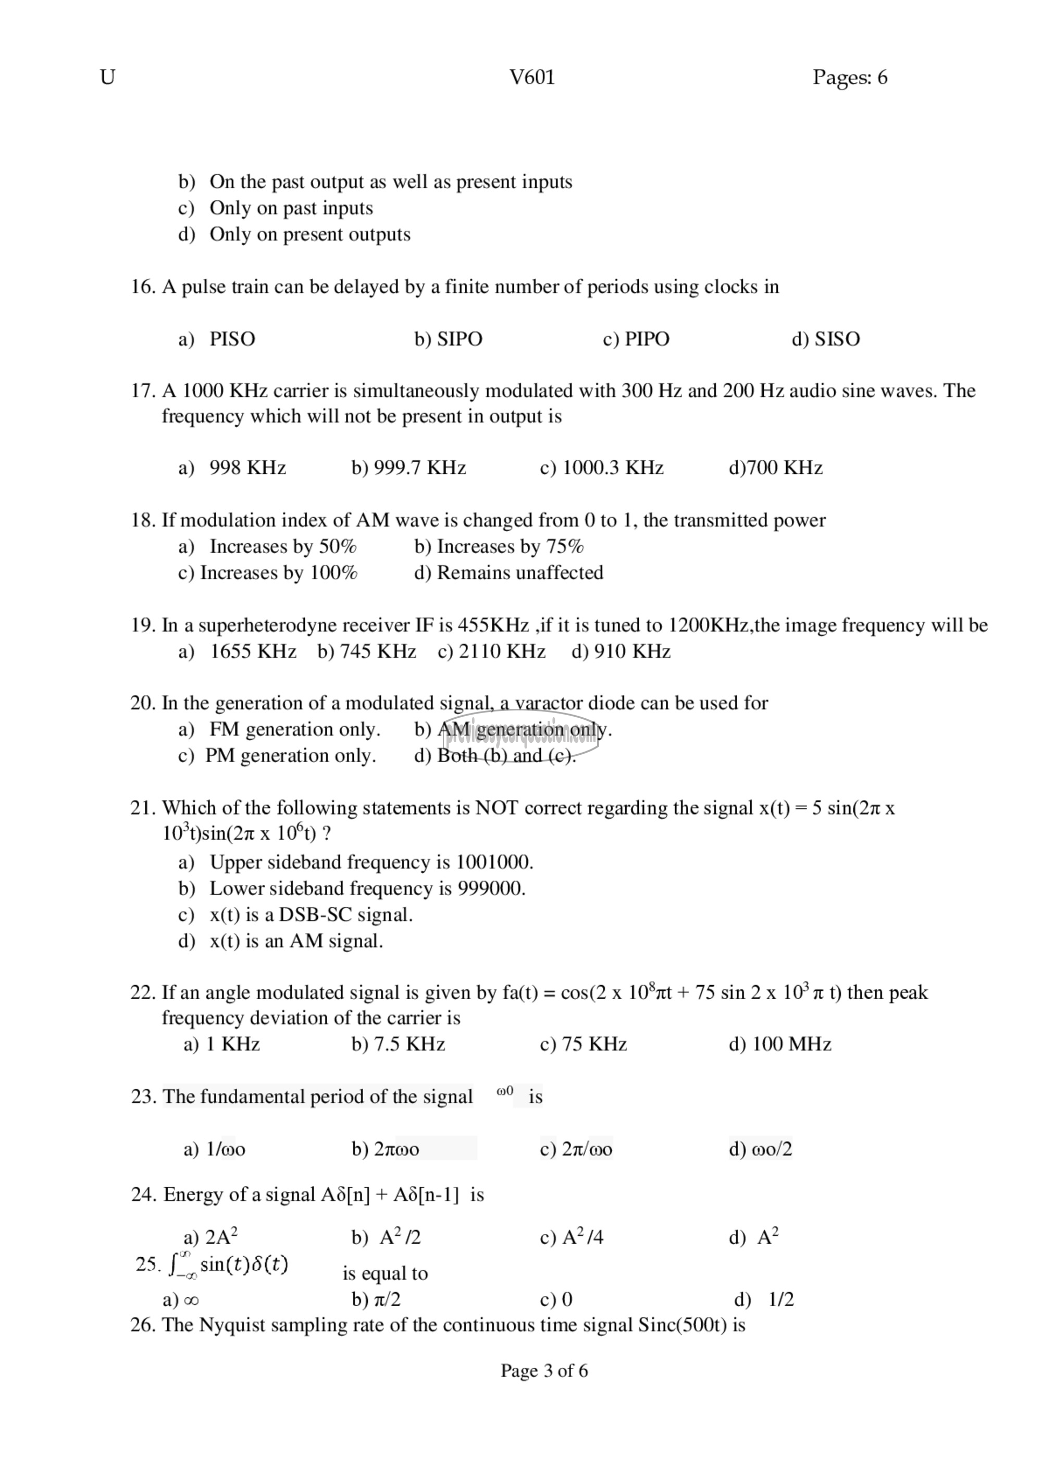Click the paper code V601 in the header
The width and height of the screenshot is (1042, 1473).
pyautogui.click(x=532, y=78)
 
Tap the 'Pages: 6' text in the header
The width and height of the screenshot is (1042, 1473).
pyautogui.click(x=850, y=78)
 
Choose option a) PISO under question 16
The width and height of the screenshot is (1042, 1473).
pyautogui.click(x=217, y=339)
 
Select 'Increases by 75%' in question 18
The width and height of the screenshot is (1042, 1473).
pyautogui.click(x=499, y=547)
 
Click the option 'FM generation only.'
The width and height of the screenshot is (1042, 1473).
pyautogui.click(x=280, y=730)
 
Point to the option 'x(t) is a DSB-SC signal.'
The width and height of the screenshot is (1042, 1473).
pyautogui.click(x=296, y=915)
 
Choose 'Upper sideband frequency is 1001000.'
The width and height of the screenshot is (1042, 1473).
pyautogui.click(x=356, y=863)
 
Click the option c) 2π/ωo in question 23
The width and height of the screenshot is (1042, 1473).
pyautogui.click(x=576, y=1148)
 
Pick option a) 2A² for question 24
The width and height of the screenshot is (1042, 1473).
pyautogui.click(x=211, y=1237)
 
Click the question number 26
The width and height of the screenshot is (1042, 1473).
pyautogui.click(x=142, y=1325)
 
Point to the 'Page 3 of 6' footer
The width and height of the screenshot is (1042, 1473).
pyautogui.click(x=544, y=1371)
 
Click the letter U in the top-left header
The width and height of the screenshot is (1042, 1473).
pyautogui.click(x=107, y=78)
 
